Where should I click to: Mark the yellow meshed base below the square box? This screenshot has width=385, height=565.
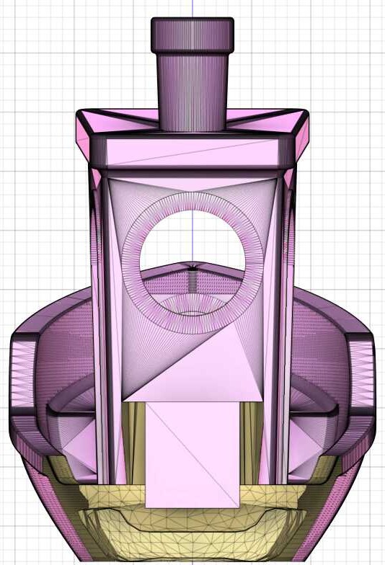point(192,526)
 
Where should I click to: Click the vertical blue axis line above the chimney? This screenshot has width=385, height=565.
point(192,9)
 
